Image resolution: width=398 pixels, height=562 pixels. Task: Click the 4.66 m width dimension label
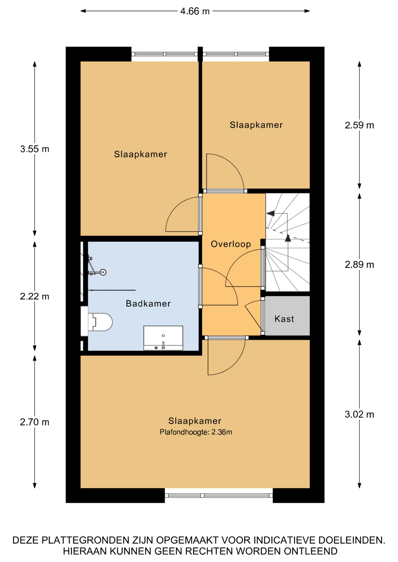coord(195,11)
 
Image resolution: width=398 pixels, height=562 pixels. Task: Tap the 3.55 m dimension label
coord(35,149)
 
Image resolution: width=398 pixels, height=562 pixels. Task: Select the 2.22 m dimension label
coord(35,297)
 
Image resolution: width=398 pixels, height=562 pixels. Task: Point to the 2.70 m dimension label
coord(35,422)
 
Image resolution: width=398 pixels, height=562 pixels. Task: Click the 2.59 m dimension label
coord(359,125)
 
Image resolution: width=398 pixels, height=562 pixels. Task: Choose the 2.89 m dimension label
coord(359,265)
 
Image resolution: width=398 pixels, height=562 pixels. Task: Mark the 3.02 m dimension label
coord(359,414)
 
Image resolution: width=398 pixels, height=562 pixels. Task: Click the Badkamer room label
coord(148,304)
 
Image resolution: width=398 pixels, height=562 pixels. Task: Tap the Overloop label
coord(231,244)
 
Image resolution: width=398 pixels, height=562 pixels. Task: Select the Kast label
coord(284,319)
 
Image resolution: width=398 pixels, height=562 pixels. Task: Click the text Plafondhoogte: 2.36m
coord(196,432)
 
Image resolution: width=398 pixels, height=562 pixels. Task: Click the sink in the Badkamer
coord(163,338)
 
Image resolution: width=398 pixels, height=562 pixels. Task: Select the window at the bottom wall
coord(219,496)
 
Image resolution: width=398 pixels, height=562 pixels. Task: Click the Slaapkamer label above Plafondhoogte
coord(195,421)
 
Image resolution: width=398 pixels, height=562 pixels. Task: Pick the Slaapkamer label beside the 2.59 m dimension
coord(256,125)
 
